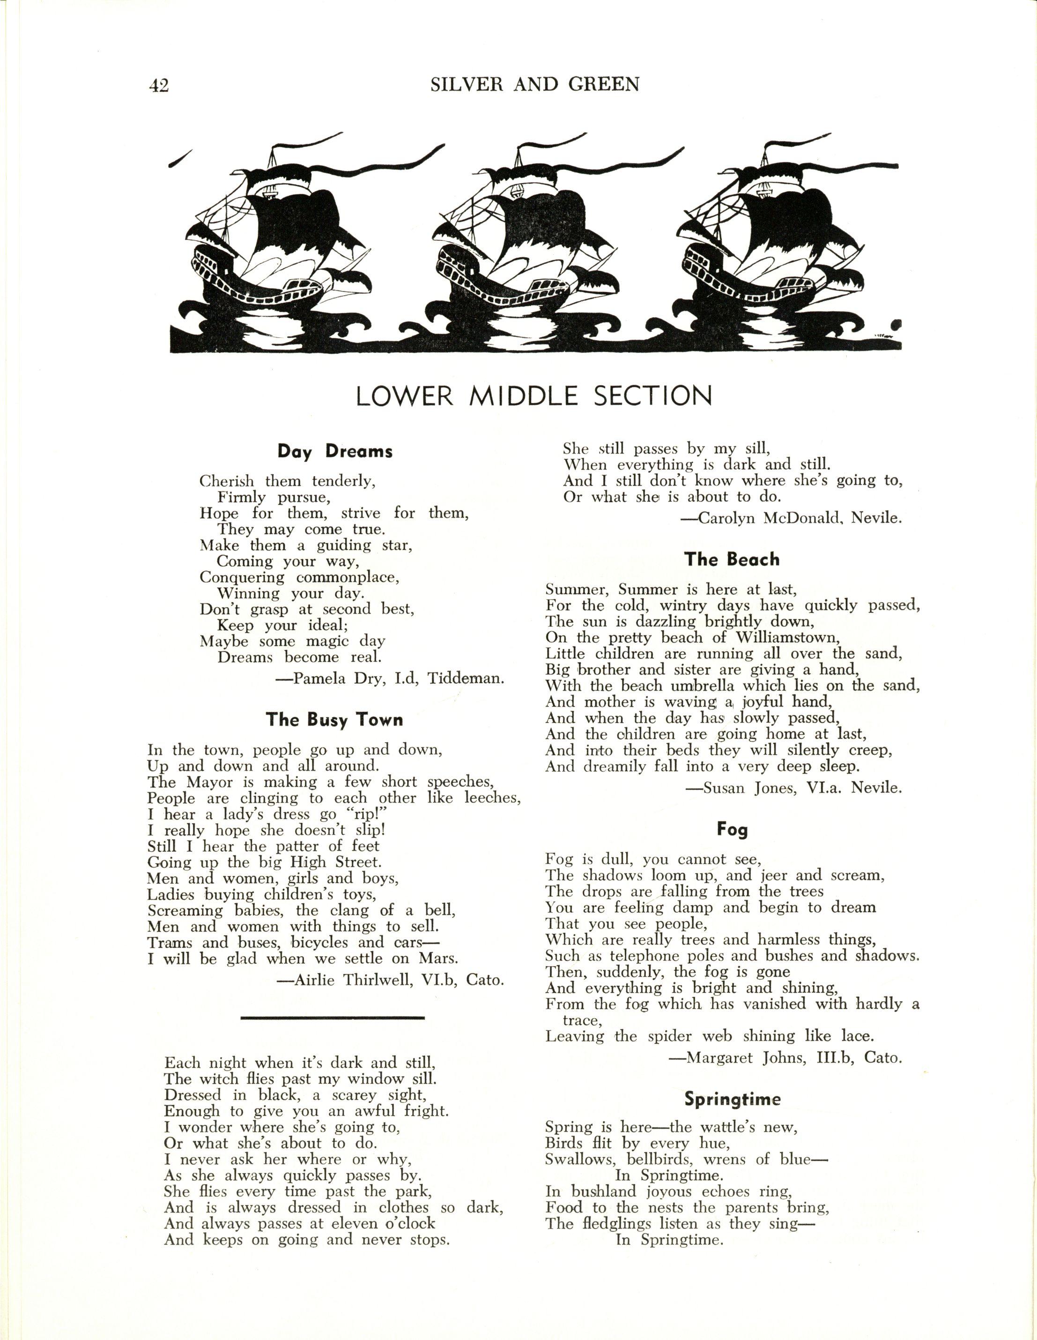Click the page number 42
click(x=158, y=85)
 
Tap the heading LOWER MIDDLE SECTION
click(x=533, y=396)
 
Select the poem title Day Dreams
click(x=335, y=452)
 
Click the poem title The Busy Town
click(x=334, y=720)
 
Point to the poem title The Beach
click(x=732, y=559)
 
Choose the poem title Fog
click(x=732, y=829)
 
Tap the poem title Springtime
click(x=732, y=1099)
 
